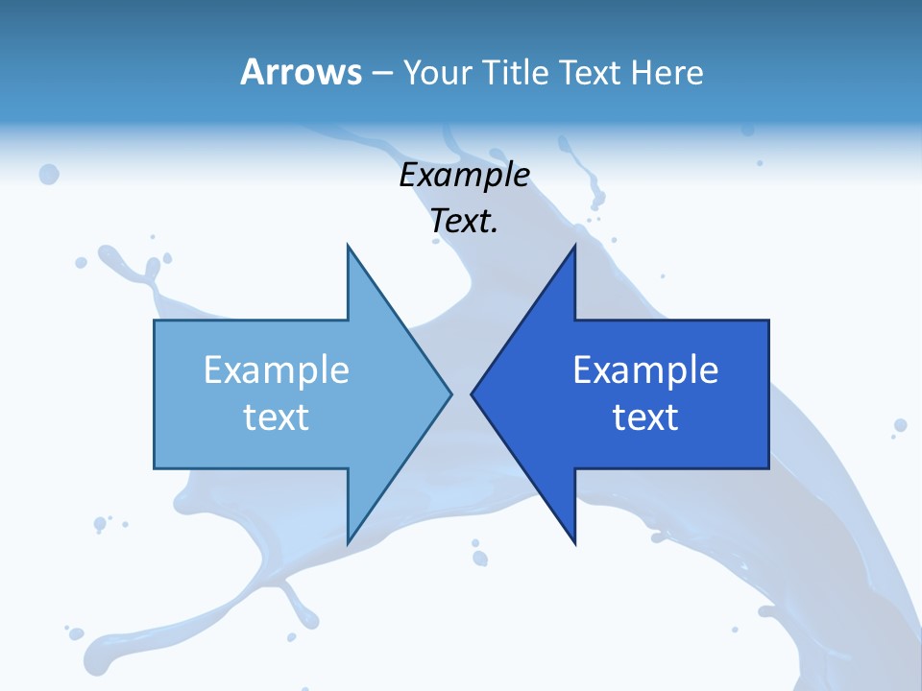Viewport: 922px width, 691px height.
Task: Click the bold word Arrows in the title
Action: point(301,72)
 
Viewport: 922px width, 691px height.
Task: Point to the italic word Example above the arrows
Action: point(465,176)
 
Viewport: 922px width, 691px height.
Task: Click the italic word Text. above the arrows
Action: point(465,221)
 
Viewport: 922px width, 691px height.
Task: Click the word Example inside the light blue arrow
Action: point(277,370)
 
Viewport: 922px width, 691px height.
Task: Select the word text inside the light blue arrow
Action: point(277,417)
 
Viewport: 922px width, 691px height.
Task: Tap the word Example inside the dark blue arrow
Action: point(645,370)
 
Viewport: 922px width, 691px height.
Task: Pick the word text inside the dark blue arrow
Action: point(645,417)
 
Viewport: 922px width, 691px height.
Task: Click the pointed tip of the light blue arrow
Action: point(451,393)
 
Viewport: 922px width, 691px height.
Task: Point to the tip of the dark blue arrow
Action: point(472,393)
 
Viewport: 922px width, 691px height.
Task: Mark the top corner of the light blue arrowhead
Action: point(348,245)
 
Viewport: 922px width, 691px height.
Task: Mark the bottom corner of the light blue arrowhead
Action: point(348,544)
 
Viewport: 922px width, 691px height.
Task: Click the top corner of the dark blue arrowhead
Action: point(574,245)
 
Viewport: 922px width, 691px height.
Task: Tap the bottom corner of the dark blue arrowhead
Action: point(574,544)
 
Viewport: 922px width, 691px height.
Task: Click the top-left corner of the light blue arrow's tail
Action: point(155,321)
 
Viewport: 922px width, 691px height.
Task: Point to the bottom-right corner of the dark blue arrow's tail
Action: point(768,468)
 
